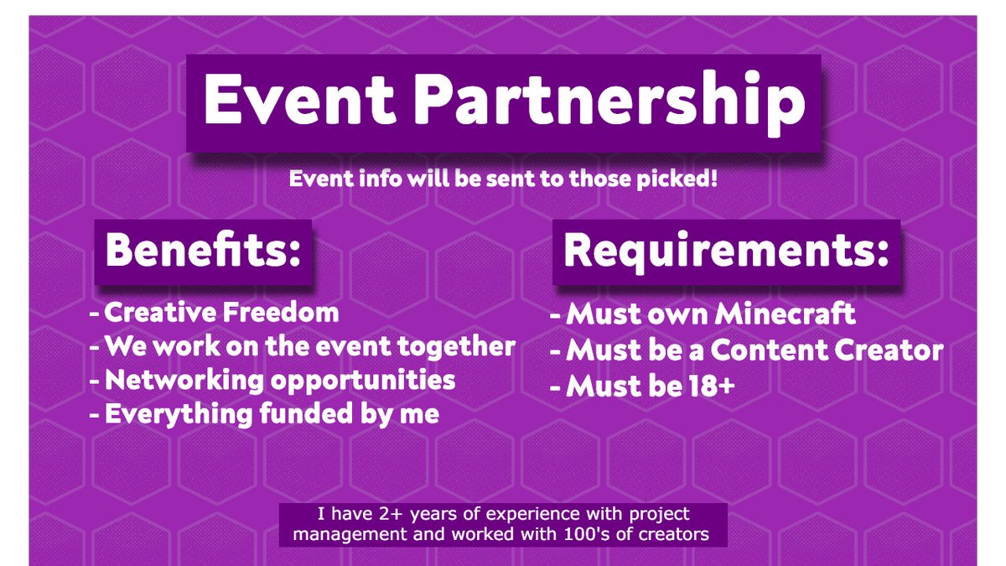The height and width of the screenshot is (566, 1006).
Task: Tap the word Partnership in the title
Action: [604, 102]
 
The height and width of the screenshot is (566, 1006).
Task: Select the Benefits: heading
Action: [203, 251]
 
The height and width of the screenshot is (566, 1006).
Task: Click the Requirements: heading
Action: [726, 251]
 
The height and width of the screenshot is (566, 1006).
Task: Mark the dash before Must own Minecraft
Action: [554, 316]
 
